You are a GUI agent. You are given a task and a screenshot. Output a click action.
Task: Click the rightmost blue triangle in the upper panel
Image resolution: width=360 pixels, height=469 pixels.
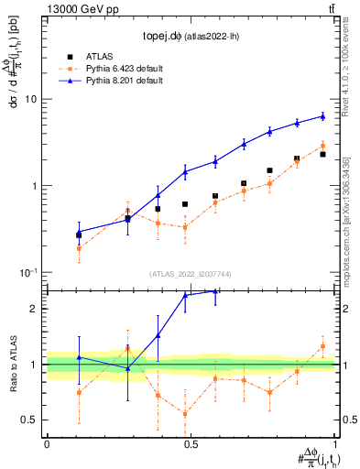(322, 116)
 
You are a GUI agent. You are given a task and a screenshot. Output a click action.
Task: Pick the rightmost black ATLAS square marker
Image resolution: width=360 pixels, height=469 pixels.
(322, 155)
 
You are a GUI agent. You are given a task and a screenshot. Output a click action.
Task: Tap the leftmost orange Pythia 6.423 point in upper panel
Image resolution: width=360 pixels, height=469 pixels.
(79, 248)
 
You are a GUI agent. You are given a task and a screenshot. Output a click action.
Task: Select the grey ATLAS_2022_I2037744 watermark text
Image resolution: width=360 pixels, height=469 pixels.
(191, 274)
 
